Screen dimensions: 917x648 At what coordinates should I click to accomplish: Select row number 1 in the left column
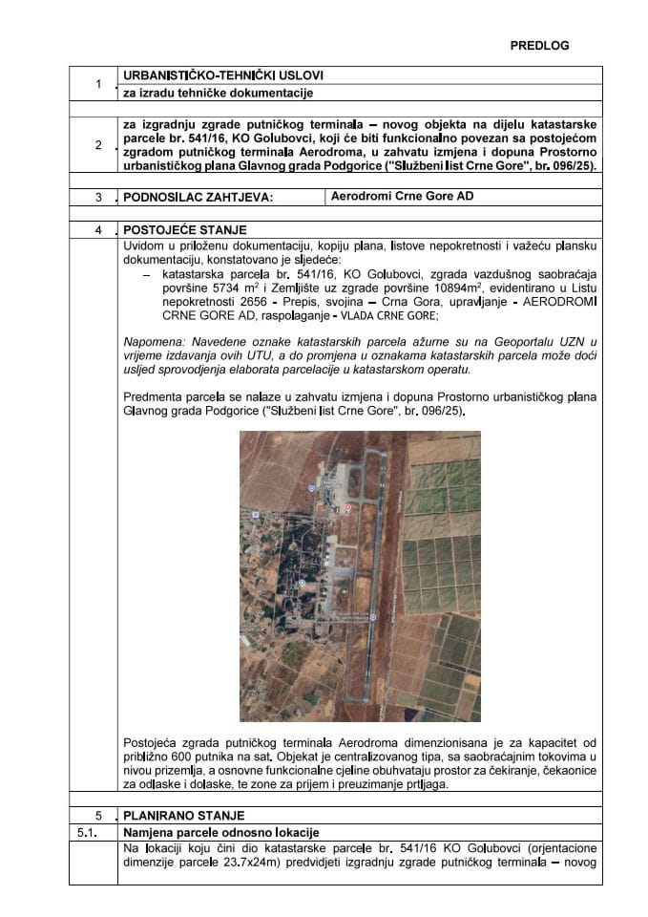pyautogui.click(x=99, y=84)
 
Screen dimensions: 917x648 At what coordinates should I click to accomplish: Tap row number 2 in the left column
pyautogui.click(x=99, y=145)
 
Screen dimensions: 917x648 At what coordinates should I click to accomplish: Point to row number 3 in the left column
pyautogui.click(x=99, y=198)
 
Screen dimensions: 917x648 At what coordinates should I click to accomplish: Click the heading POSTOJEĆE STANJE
pyautogui.click(x=180, y=230)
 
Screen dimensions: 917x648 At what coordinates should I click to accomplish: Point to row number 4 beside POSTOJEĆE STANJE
pyautogui.click(x=99, y=230)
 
